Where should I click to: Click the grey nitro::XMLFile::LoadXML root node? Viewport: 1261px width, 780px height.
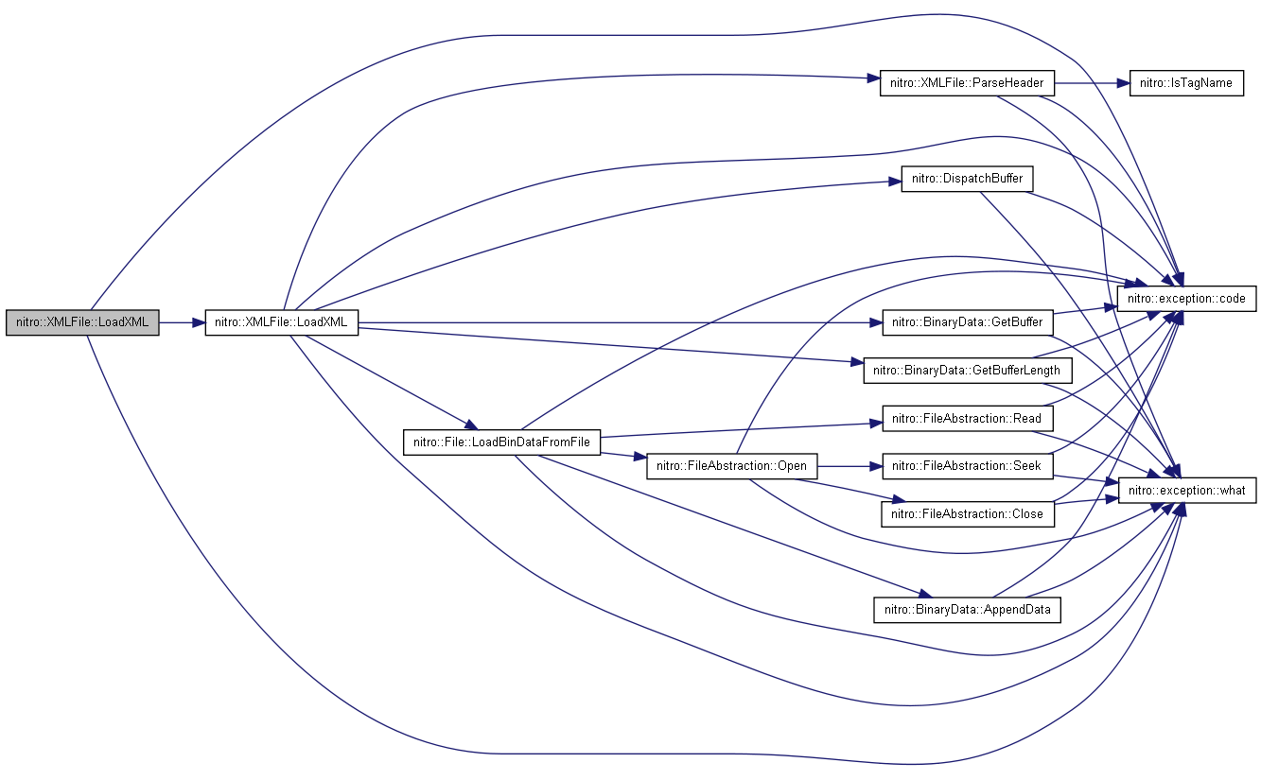click(x=82, y=322)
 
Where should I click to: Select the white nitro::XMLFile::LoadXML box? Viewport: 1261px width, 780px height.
click(x=282, y=322)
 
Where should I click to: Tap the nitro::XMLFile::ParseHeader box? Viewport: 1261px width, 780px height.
click(x=967, y=83)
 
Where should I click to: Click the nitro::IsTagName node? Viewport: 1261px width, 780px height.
click(x=1186, y=83)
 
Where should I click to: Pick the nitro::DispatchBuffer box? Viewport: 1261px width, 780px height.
click(x=967, y=179)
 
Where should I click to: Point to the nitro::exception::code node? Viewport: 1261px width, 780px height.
click(x=1186, y=298)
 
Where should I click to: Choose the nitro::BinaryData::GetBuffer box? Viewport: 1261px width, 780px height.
click(x=967, y=322)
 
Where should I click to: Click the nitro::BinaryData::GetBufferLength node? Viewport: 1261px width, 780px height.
click(x=967, y=371)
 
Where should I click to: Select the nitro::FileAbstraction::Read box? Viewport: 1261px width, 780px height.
click(x=967, y=419)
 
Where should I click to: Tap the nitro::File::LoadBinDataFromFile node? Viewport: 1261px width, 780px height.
click(x=501, y=442)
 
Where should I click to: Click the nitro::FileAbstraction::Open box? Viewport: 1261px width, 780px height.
click(x=731, y=466)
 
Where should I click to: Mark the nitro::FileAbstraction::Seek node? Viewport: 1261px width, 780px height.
click(x=967, y=466)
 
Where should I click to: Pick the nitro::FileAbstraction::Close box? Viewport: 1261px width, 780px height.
click(x=967, y=514)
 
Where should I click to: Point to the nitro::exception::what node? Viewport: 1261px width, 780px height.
click(x=1186, y=490)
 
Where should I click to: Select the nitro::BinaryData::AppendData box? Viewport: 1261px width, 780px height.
click(x=967, y=610)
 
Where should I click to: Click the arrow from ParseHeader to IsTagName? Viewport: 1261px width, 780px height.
click(x=1092, y=83)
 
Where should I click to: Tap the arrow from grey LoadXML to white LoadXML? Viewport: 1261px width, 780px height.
click(x=183, y=322)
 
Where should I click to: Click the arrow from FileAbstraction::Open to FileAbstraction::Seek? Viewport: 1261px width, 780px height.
click(x=849, y=466)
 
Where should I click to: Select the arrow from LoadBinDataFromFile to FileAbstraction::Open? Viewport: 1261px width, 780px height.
click(x=623, y=456)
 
